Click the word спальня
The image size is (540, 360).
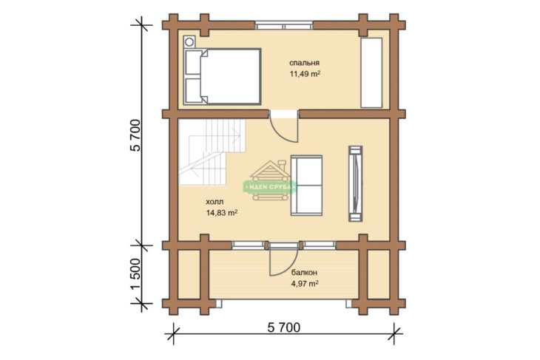[304, 63]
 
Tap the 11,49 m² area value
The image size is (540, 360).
[305, 74]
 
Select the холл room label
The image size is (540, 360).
[215, 202]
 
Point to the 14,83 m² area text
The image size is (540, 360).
[222, 213]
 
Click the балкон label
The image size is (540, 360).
[305, 272]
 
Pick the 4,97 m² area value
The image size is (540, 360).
[305, 284]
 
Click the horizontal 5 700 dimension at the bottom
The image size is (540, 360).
[284, 327]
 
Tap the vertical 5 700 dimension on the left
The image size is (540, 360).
[135, 135]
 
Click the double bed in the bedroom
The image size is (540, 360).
[223, 76]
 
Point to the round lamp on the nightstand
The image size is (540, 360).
[189, 42]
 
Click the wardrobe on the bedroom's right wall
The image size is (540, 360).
[371, 72]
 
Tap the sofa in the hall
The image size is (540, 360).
[306, 186]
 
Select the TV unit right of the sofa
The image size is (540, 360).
[355, 183]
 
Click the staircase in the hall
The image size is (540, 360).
[212, 152]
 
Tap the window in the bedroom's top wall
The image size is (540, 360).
[284, 25]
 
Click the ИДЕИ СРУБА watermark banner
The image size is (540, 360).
[270, 187]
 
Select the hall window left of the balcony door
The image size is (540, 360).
[249, 245]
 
